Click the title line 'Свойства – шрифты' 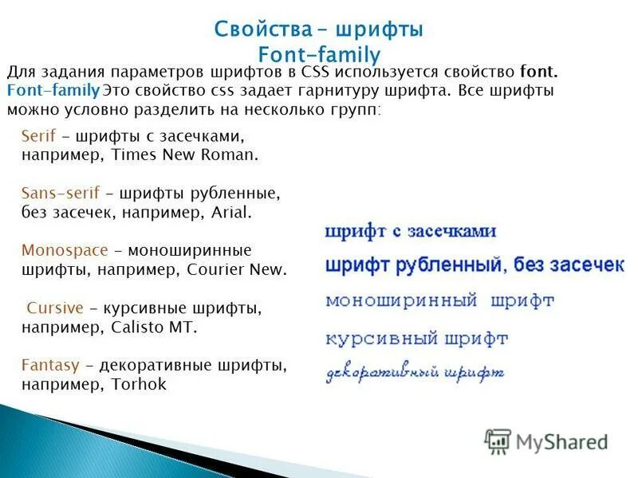tap(318, 29)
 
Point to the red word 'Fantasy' tap(51, 366)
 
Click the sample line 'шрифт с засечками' tap(411, 232)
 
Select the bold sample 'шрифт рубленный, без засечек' tap(474, 265)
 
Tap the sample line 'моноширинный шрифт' tap(439, 301)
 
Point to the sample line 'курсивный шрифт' tap(416, 338)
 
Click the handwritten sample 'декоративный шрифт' tap(415, 372)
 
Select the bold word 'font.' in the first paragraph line tap(538, 72)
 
